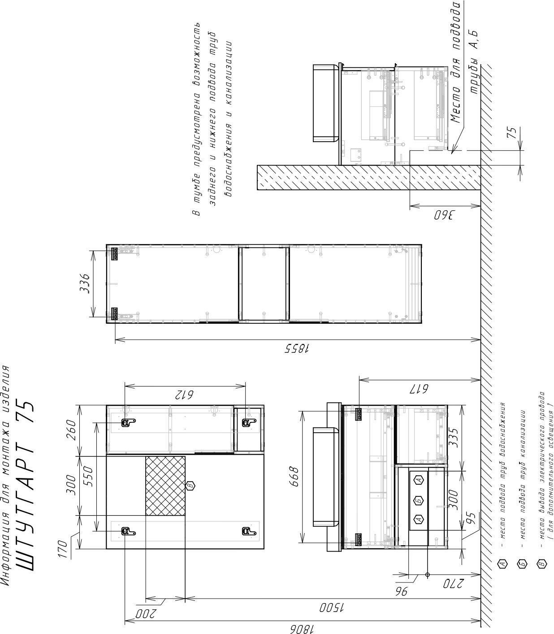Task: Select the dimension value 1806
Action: point(302,627)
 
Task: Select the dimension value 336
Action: point(85,283)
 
